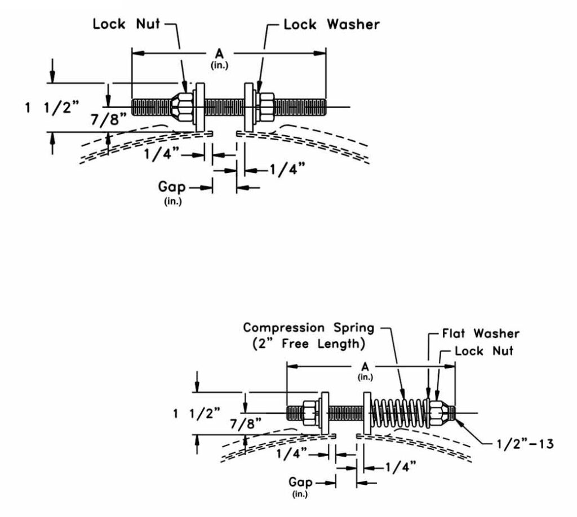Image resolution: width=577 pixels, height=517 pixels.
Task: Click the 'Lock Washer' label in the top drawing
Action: click(331, 25)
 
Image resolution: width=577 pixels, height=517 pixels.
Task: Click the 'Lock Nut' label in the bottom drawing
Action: click(484, 351)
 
